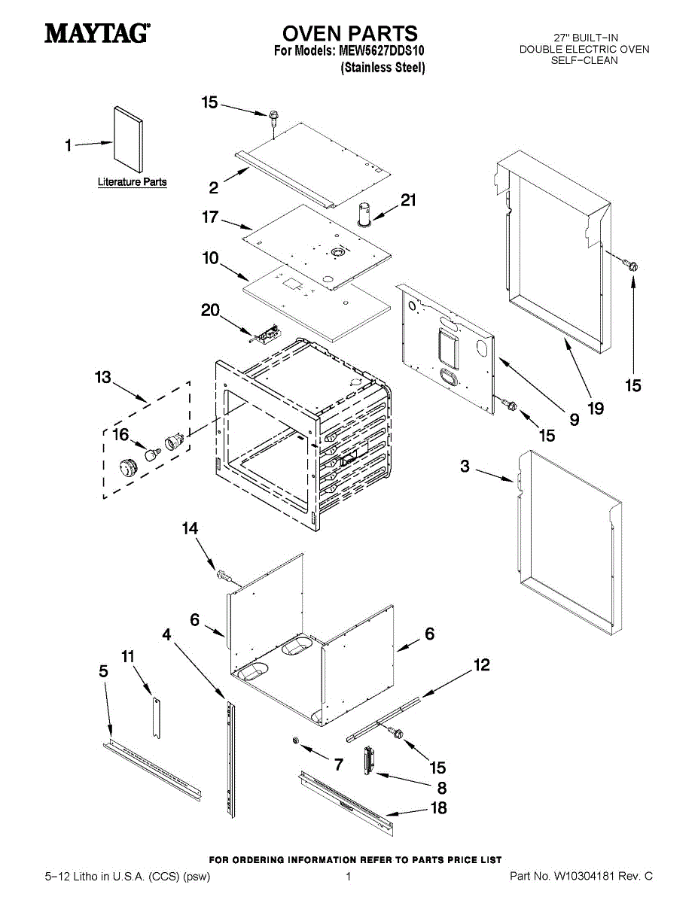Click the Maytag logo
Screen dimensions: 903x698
pyautogui.click(x=97, y=33)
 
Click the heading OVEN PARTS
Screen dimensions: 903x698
pyautogui.click(x=349, y=33)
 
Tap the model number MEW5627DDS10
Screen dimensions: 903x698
pyautogui.click(x=383, y=51)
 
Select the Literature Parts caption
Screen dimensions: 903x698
pyautogui.click(x=133, y=182)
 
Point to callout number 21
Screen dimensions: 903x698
pyautogui.click(x=408, y=200)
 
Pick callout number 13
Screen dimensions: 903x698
pyautogui.click(x=102, y=378)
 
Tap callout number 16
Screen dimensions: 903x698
pyautogui.click(x=120, y=434)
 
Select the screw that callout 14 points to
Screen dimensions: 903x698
pyautogui.click(x=223, y=576)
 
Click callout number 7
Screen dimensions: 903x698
pyautogui.click(x=338, y=765)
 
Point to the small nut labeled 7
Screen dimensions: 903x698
pyautogui.click(x=297, y=742)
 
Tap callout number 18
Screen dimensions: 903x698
pyautogui.click(x=437, y=808)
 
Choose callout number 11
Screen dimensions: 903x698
pyautogui.click(x=129, y=656)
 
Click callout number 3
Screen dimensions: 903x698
pyautogui.click(x=465, y=467)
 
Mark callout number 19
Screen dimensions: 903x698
pyautogui.click(x=596, y=409)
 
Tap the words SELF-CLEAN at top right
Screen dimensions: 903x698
pyautogui.click(x=584, y=60)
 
